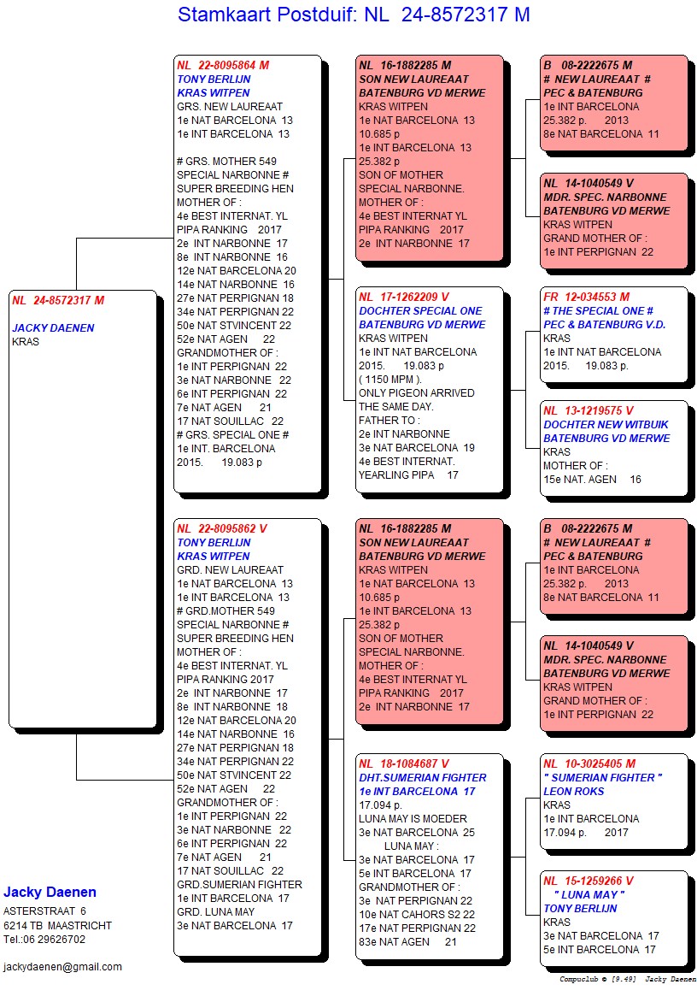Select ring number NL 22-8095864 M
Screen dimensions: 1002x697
(223, 65)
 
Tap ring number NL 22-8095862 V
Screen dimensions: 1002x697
(222, 529)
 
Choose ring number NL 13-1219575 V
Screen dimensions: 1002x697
(589, 411)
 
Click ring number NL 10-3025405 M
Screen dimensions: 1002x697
(589, 764)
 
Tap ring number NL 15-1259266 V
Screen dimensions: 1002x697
(589, 881)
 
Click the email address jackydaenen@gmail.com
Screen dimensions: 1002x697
(62, 967)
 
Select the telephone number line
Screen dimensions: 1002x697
(44, 939)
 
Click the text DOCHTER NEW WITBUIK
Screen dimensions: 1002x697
(606, 425)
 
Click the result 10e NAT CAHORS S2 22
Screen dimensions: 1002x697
(416, 915)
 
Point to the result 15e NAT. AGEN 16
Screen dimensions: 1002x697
(592, 480)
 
